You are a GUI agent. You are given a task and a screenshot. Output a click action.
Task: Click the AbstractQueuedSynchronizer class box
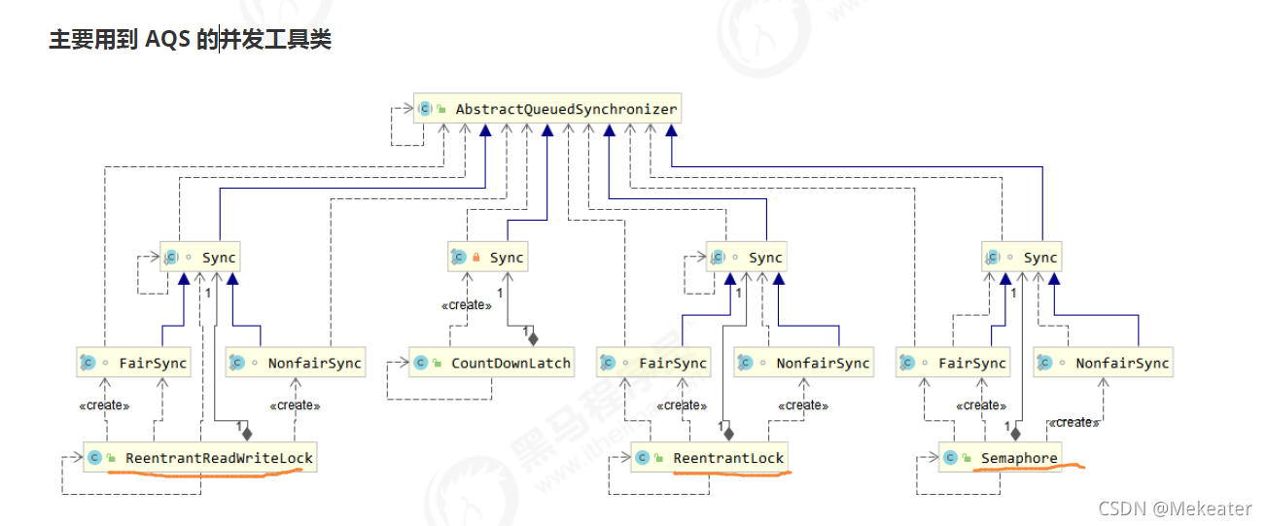(x=547, y=109)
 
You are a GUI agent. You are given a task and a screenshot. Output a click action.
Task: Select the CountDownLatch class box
(x=490, y=364)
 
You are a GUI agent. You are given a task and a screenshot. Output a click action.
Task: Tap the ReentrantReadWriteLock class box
(x=199, y=457)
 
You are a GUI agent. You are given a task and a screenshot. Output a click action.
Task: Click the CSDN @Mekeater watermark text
(x=1176, y=508)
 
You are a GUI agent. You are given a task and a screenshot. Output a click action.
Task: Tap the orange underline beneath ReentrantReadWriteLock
(x=204, y=473)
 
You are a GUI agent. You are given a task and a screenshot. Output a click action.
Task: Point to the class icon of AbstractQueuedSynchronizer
(x=425, y=109)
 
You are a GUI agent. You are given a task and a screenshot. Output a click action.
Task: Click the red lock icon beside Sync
(x=476, y=258)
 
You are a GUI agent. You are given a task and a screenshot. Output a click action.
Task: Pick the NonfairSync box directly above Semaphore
(x=1103, y=364)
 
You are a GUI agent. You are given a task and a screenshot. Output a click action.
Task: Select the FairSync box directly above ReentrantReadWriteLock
(x=133, y=364)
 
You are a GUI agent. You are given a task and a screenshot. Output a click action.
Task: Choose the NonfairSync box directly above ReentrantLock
(x=803, y=364)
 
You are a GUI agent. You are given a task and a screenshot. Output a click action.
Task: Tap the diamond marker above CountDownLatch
(x=532, y=338)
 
